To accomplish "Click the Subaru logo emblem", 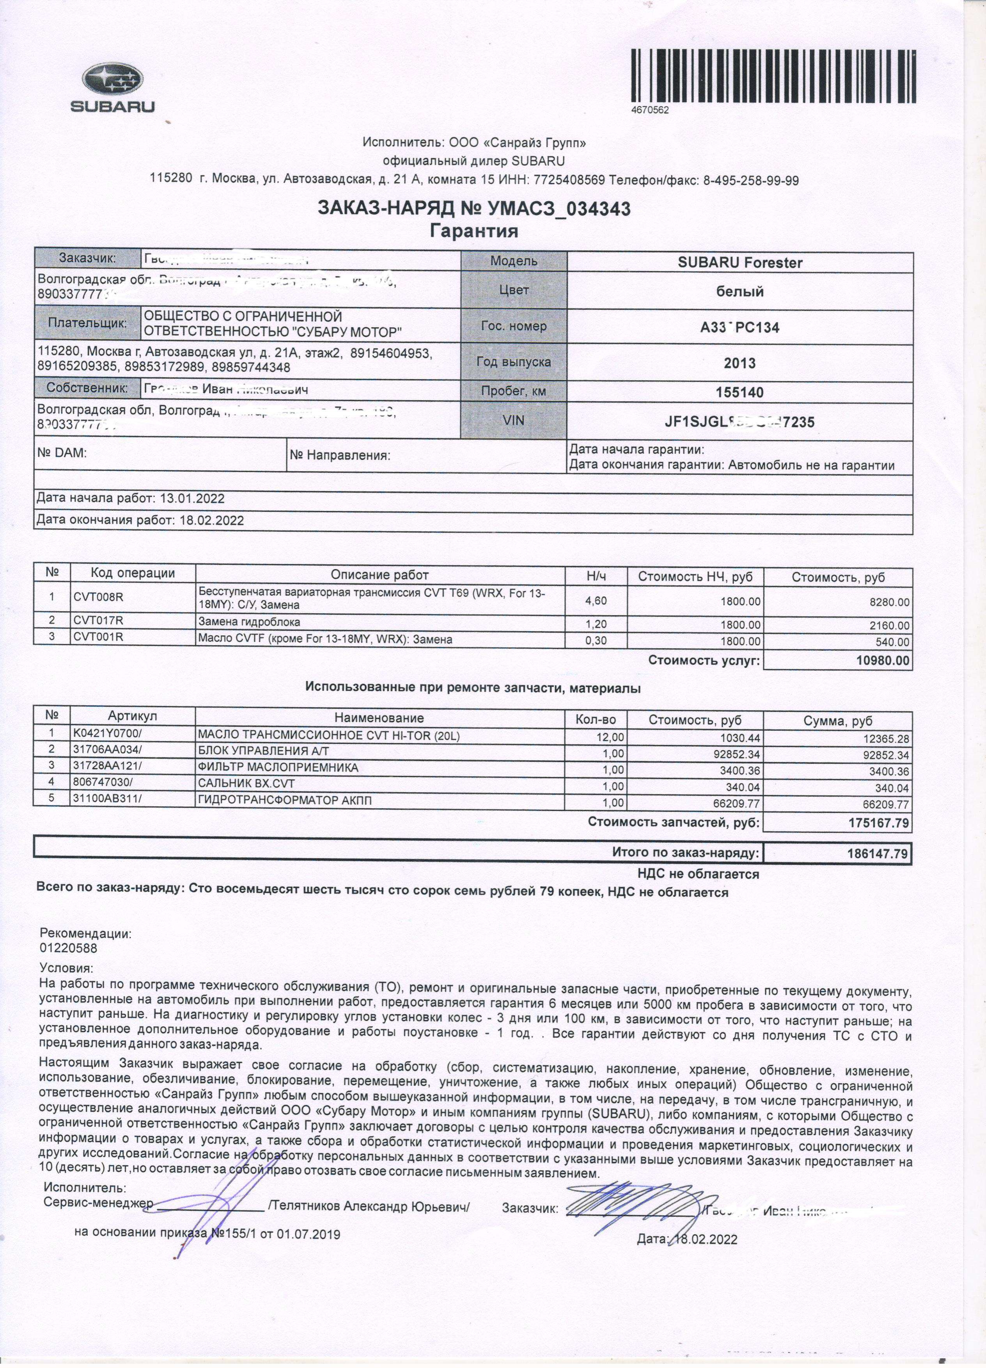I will pos(112,80).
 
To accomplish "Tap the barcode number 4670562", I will pos(650,110).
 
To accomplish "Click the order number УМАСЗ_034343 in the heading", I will pos(554,209).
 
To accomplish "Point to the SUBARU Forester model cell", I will pos(739,263).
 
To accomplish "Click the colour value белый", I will pos(739,292).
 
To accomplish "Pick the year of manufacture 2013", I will pos(739,363).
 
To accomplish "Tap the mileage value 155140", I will pos(739,393).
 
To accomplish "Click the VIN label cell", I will pos(513,421).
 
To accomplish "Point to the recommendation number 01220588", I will pos(68,947).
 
